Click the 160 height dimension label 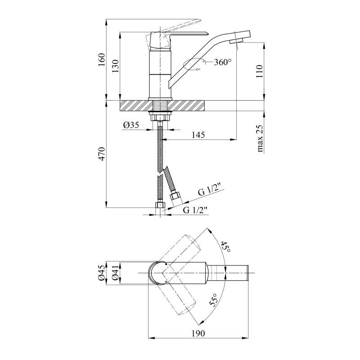tap(102, 60)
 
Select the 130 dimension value tap(116, 66)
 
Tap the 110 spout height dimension tap(259, 72)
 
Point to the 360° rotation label tap(222, 62)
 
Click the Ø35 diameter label tap(131, 125)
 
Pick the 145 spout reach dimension tap(198, 135)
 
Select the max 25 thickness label tap(260, 139)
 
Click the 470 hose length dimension tap(102, 153)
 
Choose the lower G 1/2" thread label tap(195, 210)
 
